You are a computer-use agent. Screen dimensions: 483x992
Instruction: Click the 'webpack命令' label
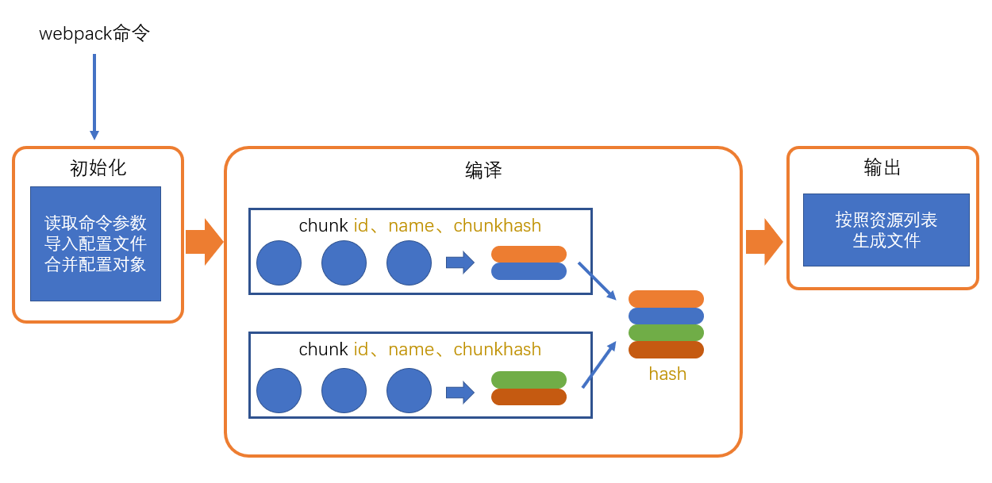(94, 33)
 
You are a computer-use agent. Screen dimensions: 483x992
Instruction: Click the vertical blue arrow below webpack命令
(94, 95)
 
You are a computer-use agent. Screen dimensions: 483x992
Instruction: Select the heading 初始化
(98, 168)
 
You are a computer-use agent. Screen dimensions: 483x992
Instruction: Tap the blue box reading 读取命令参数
(95, 243)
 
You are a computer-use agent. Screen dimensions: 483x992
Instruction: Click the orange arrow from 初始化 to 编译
(204, 242)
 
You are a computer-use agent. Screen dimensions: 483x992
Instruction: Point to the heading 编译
(483, 171)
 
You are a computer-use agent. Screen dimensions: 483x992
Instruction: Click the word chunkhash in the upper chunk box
(497, 226)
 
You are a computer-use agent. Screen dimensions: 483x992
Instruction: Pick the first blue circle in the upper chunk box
(279, 263)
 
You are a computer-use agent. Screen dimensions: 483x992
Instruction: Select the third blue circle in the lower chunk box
(409, 390)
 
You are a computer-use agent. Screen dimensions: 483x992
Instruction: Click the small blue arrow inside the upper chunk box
(459, 263)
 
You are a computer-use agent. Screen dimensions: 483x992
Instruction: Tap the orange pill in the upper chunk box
(529, 254)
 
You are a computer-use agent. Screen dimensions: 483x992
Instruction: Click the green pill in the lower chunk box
(529, 379)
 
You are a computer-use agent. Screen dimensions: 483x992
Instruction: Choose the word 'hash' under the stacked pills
(667, 374)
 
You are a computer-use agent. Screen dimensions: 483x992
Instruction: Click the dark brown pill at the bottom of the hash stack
(666, 349)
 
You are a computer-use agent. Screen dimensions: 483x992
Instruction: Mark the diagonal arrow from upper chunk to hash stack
(597, 281)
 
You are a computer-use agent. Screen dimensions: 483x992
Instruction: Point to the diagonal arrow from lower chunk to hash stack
(599, 365)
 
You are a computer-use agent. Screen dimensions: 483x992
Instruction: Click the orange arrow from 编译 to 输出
(764, 242)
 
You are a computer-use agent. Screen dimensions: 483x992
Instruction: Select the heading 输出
(882, 167)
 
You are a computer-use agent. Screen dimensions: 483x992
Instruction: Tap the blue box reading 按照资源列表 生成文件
(886, 230)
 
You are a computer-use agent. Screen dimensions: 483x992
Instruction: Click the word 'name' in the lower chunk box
(411, 350)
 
